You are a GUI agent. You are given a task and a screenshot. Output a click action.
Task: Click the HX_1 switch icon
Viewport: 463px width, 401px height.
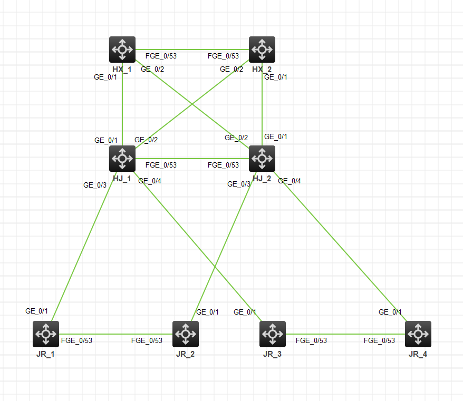pyautogui.click(x=122, y=50)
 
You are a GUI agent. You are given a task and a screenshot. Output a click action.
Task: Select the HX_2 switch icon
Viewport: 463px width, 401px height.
pyautogui.click(x=262, y=50)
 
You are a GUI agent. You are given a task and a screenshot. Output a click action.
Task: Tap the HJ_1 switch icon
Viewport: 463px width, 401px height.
pyautogui.click(x=122, y=159)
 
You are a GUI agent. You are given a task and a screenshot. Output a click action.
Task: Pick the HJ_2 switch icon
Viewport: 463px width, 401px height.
pyautogui.click(x=262, y=159)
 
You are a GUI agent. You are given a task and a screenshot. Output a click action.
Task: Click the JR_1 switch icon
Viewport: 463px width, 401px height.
pyautogui.click(x=45, y=334)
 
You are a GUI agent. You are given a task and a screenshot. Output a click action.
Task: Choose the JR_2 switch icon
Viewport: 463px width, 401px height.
pyautogui.click(x=186, y=334)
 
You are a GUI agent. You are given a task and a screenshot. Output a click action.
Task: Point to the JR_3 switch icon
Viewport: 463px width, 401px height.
pyautogui.click(x=273, y=334)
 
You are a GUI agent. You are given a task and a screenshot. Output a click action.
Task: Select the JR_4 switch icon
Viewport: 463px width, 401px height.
pyautogui.click(x=418, y=334)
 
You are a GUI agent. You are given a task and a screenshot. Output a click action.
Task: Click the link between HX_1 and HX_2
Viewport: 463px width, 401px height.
pyautogui.click(x=192, y=50)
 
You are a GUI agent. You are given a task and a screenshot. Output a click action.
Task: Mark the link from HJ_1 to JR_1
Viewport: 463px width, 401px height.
pyautogui.click(x=84, y=245)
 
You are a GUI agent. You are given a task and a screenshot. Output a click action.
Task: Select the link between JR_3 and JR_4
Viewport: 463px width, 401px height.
pyautogui.click(x=345, y=334)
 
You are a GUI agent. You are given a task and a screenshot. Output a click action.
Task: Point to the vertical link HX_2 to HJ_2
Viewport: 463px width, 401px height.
pyautogui.click(x=262, y=105)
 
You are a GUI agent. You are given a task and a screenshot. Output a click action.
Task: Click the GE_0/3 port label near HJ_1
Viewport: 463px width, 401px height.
pyautogui.click(x=95, y=185)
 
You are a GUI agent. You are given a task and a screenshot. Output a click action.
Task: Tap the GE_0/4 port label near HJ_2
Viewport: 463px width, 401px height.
pyautogui.click(x=290, y=181)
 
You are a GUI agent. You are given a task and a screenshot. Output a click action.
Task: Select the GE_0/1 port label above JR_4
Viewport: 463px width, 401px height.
pyautogui.click(x=390, y=312)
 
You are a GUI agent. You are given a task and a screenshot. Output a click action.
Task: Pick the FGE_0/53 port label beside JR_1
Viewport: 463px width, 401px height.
pyautogui.click(x=76, y=340)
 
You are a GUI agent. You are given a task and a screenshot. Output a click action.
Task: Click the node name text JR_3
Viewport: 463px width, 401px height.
pyautogui.click(x=273, y=354)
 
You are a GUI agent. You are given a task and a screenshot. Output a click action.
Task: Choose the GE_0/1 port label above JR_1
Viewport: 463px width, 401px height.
pyautogui.click(x=37, y=311)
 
